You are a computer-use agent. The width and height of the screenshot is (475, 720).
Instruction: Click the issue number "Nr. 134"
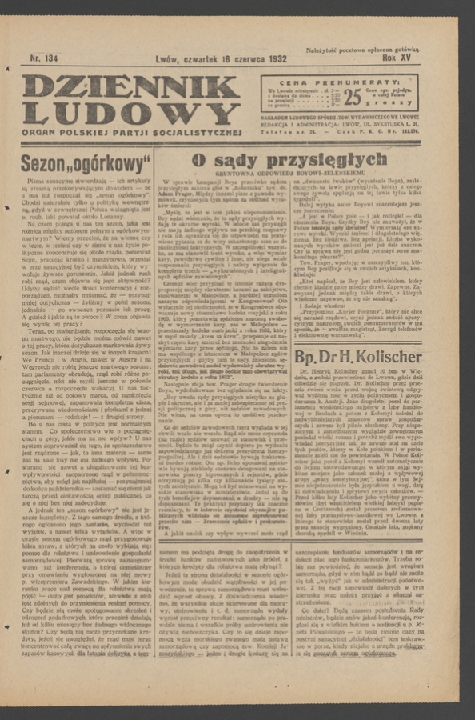click(x=46, y=58)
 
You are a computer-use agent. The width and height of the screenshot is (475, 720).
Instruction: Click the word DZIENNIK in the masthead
click(x=130, y=87)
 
